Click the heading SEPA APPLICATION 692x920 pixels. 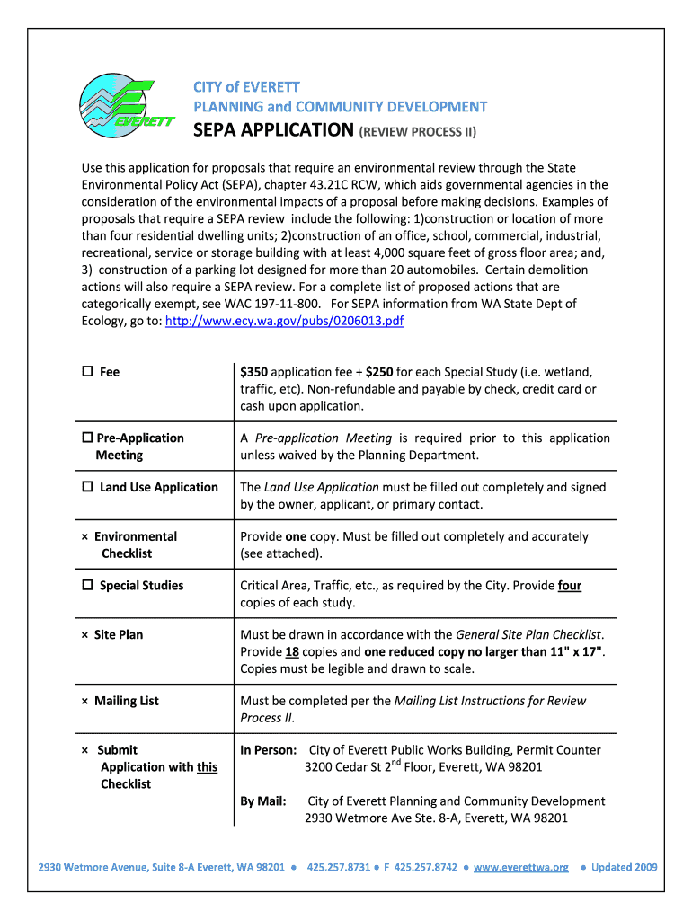pyautogui.click(x=274, y=131)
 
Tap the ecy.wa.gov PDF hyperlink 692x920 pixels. pyautogui.click(x=285, y=321)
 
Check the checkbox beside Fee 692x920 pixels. pyautogui.click(x=87, y=372)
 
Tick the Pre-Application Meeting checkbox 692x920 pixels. pyautogui.click(x=87, y=438)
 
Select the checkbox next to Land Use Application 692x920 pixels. pyautogui.click(x=87, y=487)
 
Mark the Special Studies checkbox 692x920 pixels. pyautogui.click(x=87, y=586)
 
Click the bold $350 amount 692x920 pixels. pyautogui.click(x=253, y=372)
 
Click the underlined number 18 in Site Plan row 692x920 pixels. pyautogui.click(x=291, y=651)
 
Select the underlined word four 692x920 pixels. pyautogui.click(x=569, y=586)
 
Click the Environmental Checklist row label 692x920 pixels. pyautogui.click(x=135, y=544)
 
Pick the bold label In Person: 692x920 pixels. pyautogui.click(x=268, y=750)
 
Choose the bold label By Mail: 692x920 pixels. pyautogui.click(x=263, y=801)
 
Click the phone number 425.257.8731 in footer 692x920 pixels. pyautogui.click(x=338, y=867)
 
